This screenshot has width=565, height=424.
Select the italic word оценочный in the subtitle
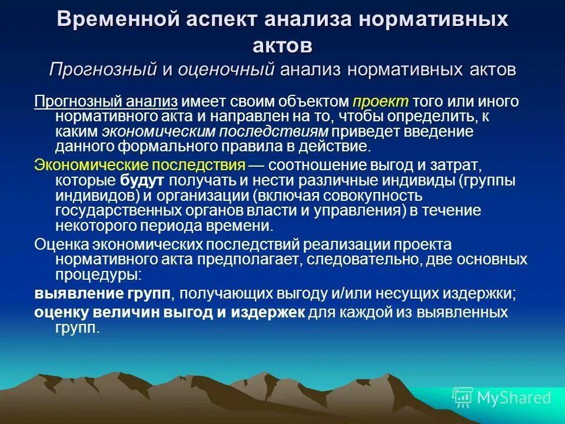(227, 69)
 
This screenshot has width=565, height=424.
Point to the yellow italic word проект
(381, 101)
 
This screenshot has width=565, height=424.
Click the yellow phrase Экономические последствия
(139, 165)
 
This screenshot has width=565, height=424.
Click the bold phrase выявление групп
(103, 293)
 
